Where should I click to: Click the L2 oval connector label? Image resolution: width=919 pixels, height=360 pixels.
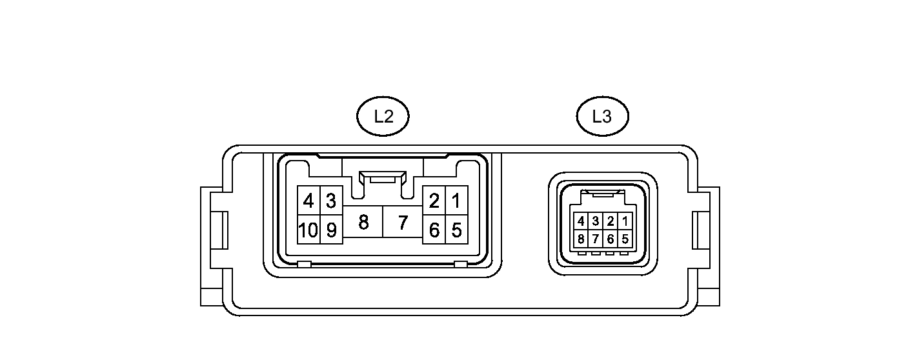point(383,116)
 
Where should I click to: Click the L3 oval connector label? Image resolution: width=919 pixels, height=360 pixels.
point(601,116)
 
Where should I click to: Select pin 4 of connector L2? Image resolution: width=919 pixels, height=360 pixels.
point(308,201)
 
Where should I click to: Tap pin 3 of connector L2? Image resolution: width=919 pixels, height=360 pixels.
point(331,201)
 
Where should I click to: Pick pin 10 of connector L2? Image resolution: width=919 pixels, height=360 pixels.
point(308,230)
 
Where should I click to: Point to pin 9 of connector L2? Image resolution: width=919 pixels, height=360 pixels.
point(331,230)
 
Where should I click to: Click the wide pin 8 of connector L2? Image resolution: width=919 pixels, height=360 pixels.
point(363,223)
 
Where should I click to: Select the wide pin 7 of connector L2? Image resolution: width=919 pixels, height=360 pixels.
point(403,223)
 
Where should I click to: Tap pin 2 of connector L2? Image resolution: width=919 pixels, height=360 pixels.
point(434,201)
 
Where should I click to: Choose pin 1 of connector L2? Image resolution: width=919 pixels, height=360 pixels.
point(456,201)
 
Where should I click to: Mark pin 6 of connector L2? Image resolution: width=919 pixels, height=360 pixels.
point(434,230)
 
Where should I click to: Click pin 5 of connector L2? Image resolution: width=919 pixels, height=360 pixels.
point(456,230)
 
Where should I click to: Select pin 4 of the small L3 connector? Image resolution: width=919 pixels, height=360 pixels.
point(581,221)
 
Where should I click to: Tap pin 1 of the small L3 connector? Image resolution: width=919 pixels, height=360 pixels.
point(625,221)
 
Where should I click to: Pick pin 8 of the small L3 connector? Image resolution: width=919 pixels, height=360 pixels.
point(581,239)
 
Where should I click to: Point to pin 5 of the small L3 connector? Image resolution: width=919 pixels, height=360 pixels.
point(625,239)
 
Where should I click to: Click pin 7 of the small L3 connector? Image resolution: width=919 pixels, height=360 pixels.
point(596,239)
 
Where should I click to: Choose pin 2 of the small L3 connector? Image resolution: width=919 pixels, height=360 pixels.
point(611,221)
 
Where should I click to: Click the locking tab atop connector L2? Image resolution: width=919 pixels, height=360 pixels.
point(383,177)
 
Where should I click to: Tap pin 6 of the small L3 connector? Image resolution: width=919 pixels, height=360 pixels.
point(611,239)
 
